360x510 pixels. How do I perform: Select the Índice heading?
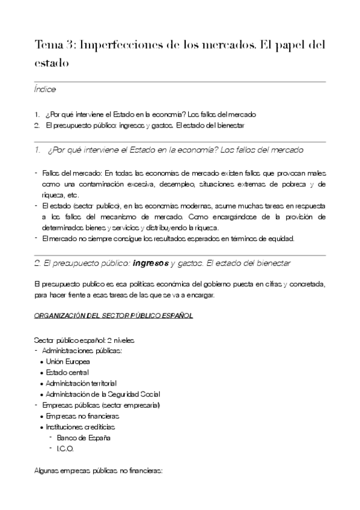(45, 90)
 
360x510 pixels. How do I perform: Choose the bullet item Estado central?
(67, 372)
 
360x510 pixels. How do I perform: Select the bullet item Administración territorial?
(81, 383)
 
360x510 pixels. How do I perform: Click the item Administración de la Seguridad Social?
(103, 394)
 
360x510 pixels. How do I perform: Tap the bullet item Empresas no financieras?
(83, 416)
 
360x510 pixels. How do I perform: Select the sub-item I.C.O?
(65, 449)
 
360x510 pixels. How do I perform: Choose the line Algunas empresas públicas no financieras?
(98, 471)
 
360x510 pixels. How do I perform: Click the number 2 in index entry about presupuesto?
(37, 125)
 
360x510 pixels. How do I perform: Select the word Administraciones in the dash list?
(68, 351)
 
